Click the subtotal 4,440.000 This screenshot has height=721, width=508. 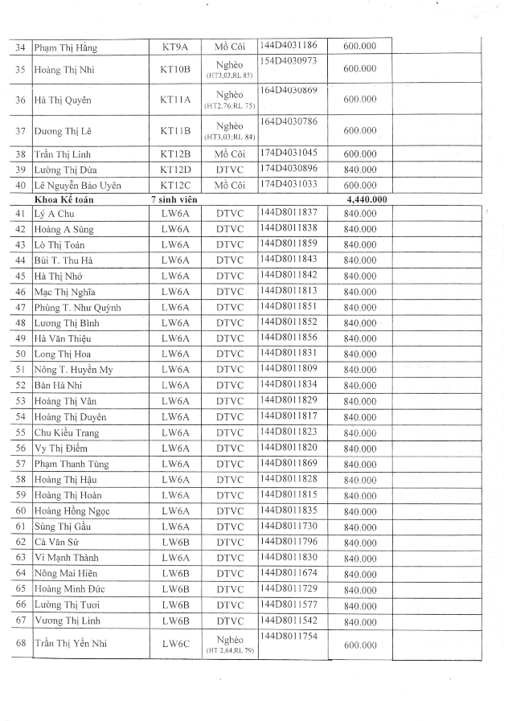coord(366,199)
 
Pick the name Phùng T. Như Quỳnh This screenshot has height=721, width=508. coord(77,307)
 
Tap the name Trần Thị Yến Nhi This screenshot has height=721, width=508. coord(72,644)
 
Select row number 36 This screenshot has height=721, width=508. coord(21,100)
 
